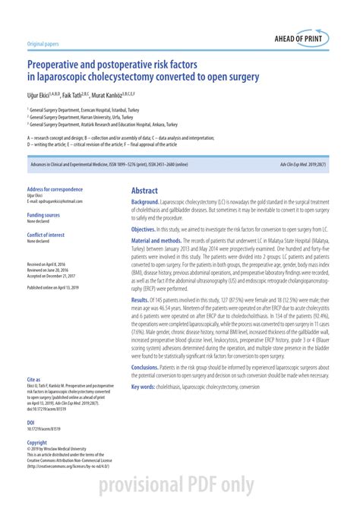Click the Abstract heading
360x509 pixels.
tap(144, 191)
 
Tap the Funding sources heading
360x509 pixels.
tap(43, 215)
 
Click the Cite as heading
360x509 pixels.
tap(33, 378)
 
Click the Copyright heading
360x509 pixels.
tap(37, 441)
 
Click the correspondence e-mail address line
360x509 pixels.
tap(54, 201)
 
